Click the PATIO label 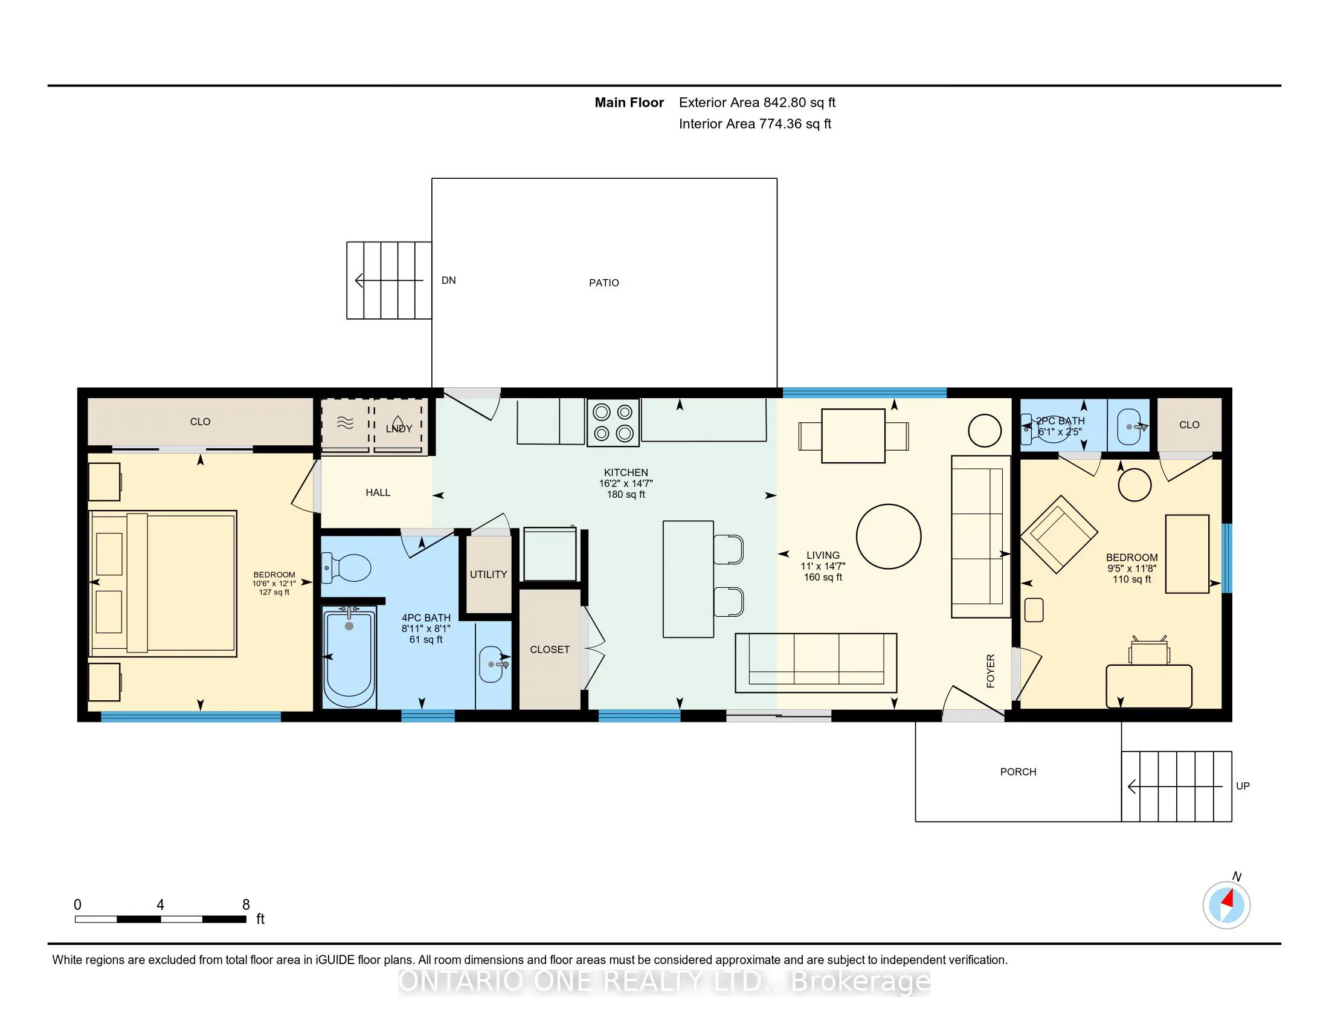point(603,283)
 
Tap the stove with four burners point(613,423)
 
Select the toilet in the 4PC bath point(346,567)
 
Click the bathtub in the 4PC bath point(349,659)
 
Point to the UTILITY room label point(488,575)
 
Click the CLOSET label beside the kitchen point(550,650)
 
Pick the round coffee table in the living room point(889,536)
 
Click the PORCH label point(1018,772)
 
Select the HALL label point(378,493)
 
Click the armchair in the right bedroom point(1059,534)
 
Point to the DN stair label point(448,280)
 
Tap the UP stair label point(1243,786)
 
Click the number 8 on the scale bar point(246,905)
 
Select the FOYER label point(991,671)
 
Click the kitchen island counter point(688,579)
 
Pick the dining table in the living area point(853,436)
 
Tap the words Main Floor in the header point(629,103)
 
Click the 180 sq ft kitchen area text point(626,495)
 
